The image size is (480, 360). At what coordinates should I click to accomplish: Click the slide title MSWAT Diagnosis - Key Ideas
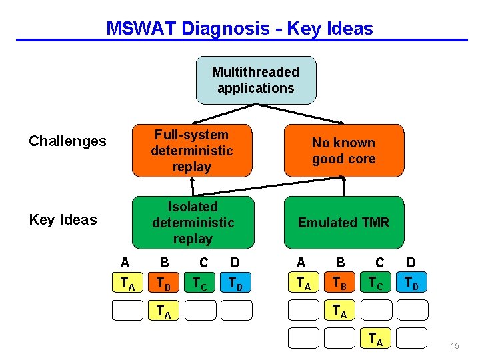pyautogui.click(x=239, y=29)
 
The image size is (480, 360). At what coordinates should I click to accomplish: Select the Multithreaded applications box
pyautogui.click(x=255, y=80)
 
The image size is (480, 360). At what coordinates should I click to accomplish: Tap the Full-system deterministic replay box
pyautogui.click(x=192, y=151)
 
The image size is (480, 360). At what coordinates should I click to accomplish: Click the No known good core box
pyautogui.click(x=343, y=151)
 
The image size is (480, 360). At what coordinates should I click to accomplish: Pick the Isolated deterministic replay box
pyautogui.click(x=192, y=223)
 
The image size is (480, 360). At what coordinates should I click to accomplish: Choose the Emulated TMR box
pyautogui.click(x=343, y=223)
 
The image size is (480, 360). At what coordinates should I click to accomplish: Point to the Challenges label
pyautogui.click(x=67, y=141)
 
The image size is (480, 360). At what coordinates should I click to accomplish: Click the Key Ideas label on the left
pyautogui.click(x=63, y=220)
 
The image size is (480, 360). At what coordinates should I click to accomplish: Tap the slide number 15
pyautogui.click(x=455, y=346)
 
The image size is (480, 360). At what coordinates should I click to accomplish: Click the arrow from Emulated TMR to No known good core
pyautogui.click(x=344, y=187)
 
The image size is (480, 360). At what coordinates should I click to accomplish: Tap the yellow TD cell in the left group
pyautogui.click(x=236, y=284)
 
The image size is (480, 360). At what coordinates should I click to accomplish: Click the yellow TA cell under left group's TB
pyautogui.click(x=164, y=311)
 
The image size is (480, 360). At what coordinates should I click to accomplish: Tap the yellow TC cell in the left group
pyautogui.click(x=200, y=284)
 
